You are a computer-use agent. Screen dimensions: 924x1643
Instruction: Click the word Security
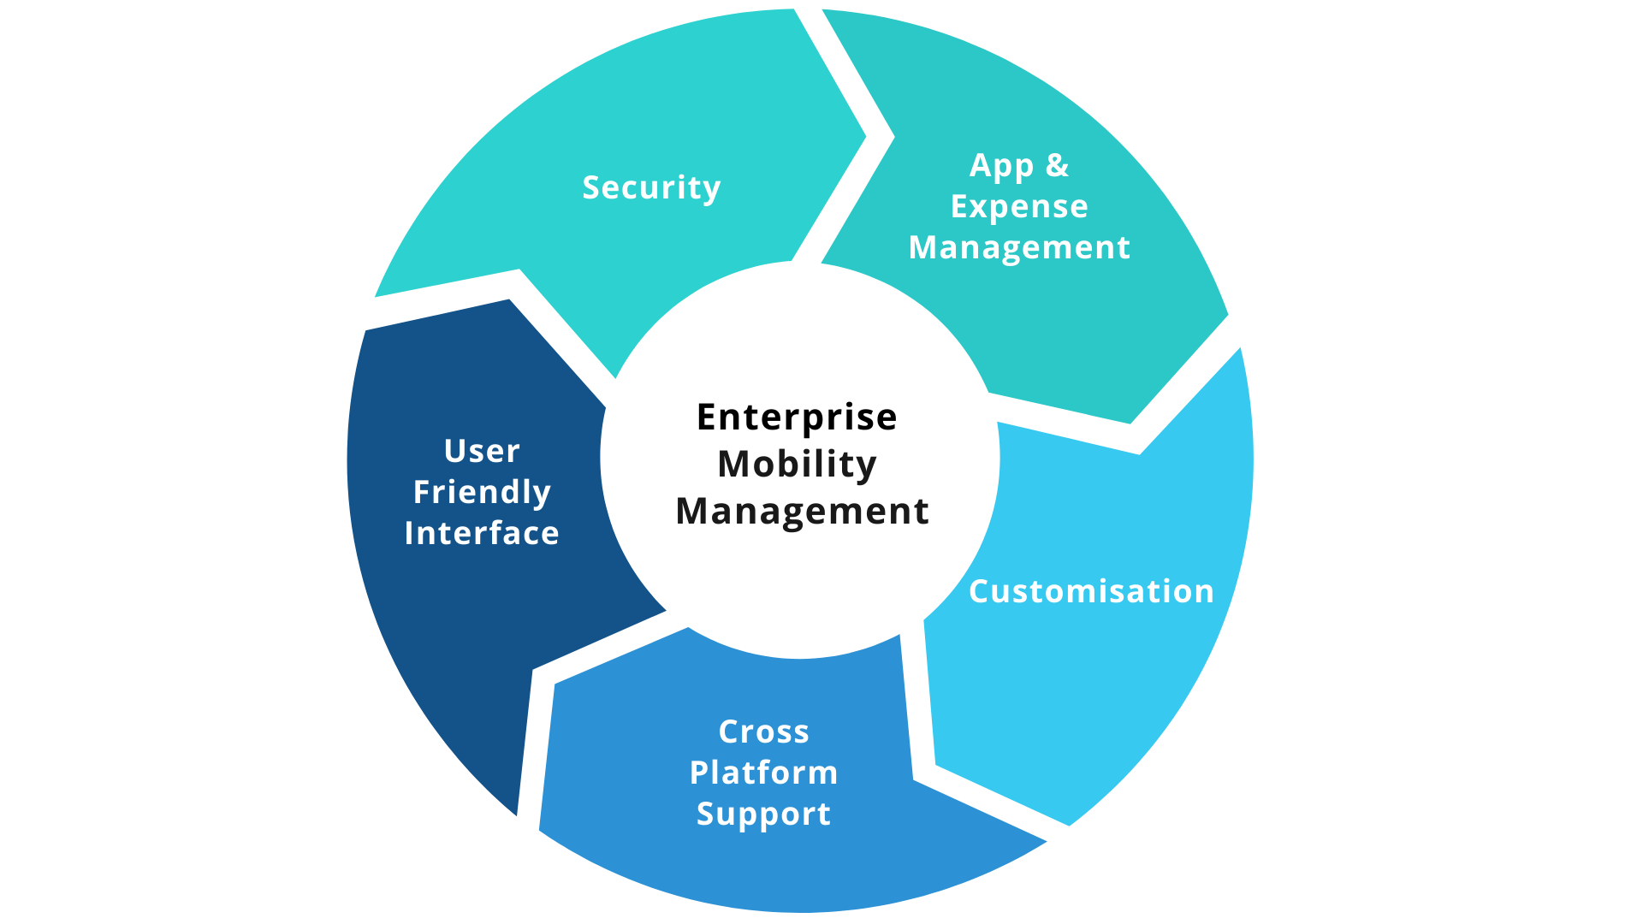[x=651, y=188]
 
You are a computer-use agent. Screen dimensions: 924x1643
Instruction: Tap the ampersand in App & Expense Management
[x=1058, y=165]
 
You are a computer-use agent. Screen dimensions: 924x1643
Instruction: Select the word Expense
[x=1019, y=206]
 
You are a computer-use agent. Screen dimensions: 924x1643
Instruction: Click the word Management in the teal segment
[x=1019, y=247]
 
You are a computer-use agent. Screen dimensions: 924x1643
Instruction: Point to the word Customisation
[x=1091, y=591]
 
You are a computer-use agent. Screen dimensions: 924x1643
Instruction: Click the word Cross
[x=763, y=731]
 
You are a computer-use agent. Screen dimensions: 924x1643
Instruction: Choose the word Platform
[x=763, y=773]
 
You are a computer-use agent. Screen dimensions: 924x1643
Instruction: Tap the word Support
[x=763, y=814]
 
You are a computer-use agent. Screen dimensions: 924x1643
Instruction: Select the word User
[x=482, y=451]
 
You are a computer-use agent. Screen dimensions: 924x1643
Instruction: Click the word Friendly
[x=482, y=492]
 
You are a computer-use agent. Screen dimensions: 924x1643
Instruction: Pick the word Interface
[x=482, y=533]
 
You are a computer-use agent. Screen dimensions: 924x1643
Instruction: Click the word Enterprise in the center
[x=797, y=418]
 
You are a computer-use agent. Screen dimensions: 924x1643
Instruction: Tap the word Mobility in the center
[x=797, y=464]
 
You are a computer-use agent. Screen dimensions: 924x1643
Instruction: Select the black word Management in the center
[x=802, y=511]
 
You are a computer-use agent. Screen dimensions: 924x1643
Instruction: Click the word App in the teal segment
[x=1000, y=165]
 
